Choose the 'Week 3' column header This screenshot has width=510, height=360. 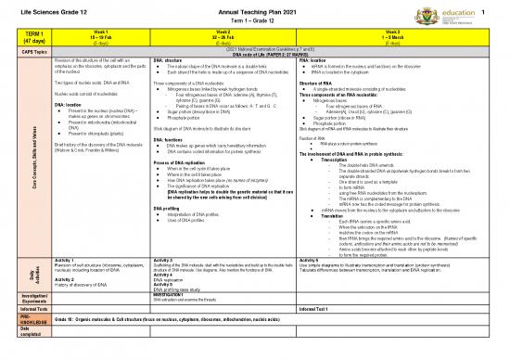point(399,32)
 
